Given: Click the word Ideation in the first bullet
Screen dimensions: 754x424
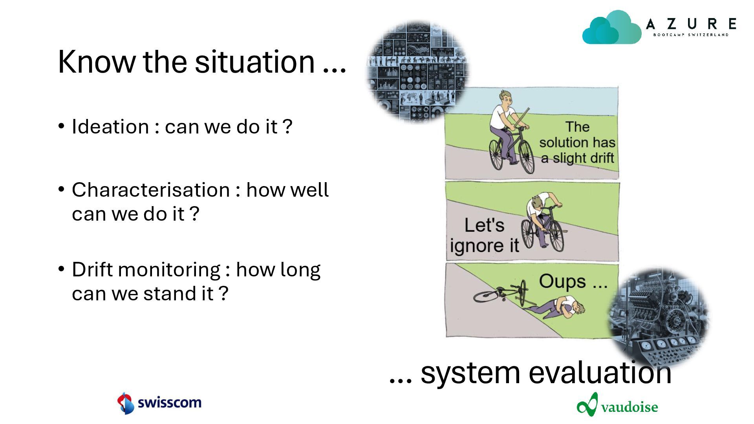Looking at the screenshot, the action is (x=110, y=127).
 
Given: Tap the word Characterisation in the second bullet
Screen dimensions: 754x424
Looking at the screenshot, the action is (x=151, y=190).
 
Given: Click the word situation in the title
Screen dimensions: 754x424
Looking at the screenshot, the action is (x=254, y=62).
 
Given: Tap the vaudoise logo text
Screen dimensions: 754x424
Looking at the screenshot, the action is (x=629, y=407).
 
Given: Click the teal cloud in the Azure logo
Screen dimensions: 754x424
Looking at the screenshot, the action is (x=612, y=27).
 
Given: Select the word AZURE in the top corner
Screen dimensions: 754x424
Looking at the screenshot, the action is (x=691, y=24).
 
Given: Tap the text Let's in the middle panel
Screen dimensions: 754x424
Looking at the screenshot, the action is (x=484, y=225).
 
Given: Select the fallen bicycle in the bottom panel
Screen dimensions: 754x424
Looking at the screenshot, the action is (x=501, y=293).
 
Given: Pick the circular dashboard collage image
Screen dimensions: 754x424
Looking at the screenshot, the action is (x=417, y=71).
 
